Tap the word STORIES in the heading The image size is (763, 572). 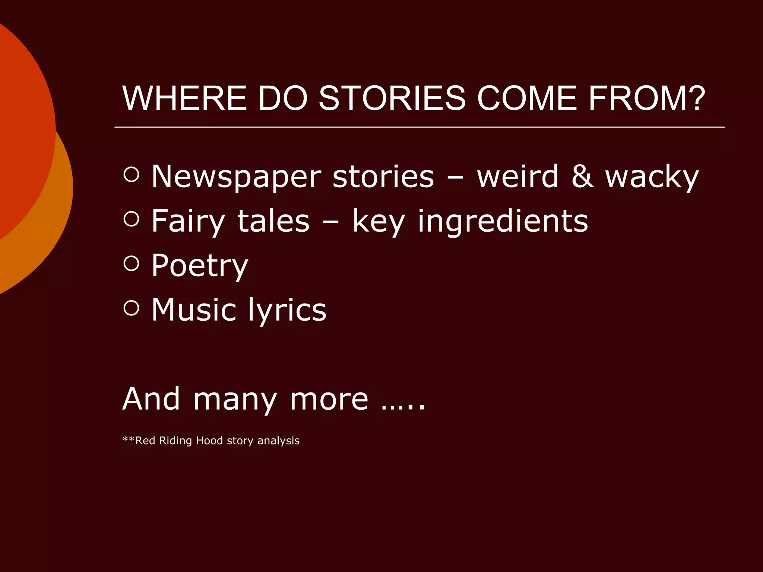pyautogui.click(x=392, y=98)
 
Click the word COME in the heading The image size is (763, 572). pyautogui.click(x=527, y=98)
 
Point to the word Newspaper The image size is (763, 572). pyautogui.click(x=236, y=177)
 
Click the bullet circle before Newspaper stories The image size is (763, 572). pyautogui.click(x=131, y=174)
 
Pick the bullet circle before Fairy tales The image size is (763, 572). pyautogui.click(x=131, y=219)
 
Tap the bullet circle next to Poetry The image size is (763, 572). pyautogui.click(x=131, y=264)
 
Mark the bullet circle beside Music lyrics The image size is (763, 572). pyautogui.click(x=131, y=308)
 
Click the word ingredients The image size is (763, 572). pyautogui.click(x=503, y=222)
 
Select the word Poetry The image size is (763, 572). pyautogui.click(x=200, y=266)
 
